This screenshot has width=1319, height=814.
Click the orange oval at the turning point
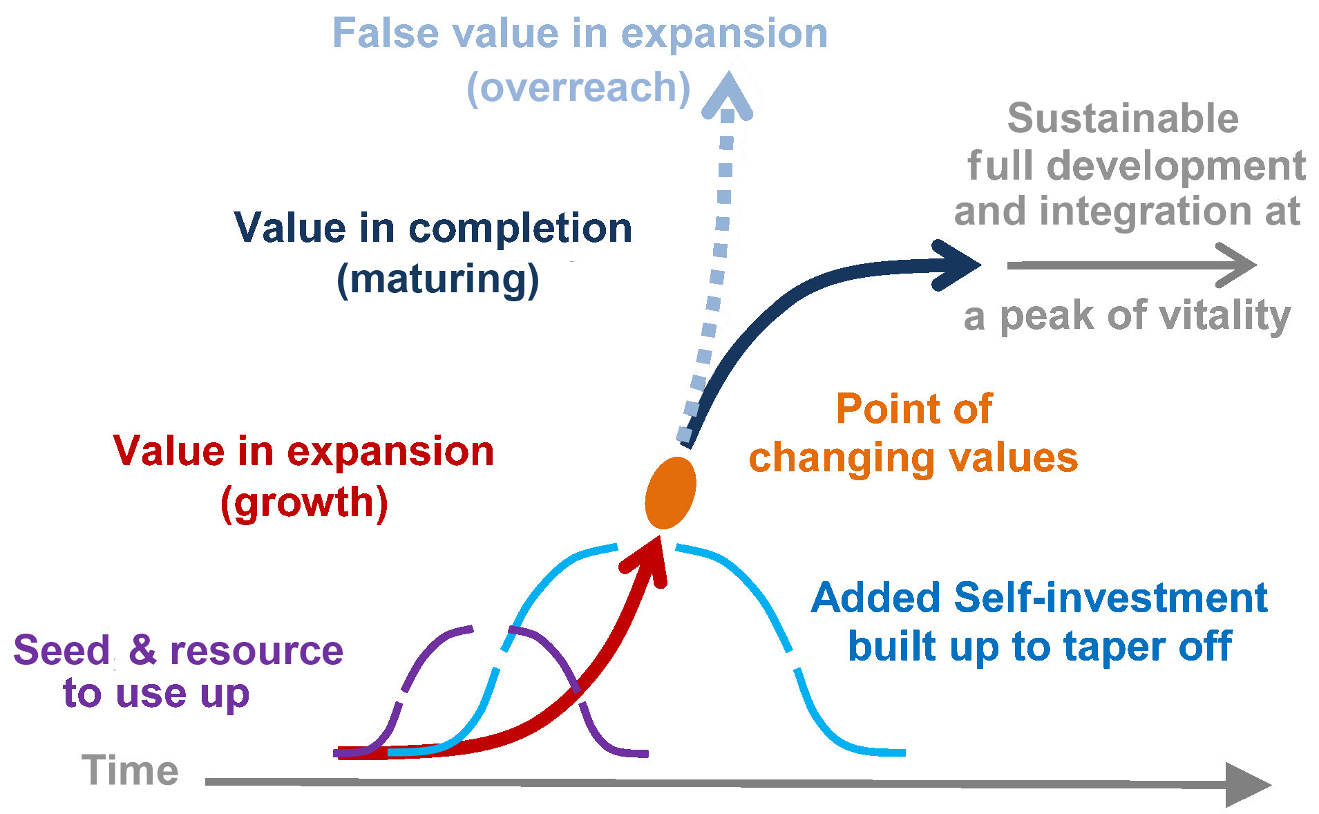[670, 493]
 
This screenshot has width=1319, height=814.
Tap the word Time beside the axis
[130, 770]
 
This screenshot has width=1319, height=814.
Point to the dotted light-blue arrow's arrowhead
[728, 95]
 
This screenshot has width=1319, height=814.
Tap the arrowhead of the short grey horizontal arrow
[1237, 265]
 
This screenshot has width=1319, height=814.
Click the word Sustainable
[1123, 118]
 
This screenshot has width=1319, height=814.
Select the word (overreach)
[578, 88]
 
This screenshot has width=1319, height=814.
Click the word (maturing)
[438, 279]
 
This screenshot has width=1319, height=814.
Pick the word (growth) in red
[304, 502]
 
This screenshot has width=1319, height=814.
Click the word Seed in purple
[62, 650]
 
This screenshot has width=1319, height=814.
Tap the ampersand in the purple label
[142, 650]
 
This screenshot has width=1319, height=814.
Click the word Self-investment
[1110, 598]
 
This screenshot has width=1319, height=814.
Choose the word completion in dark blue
[520, 229]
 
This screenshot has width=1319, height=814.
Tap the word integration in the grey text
[1147, 211]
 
